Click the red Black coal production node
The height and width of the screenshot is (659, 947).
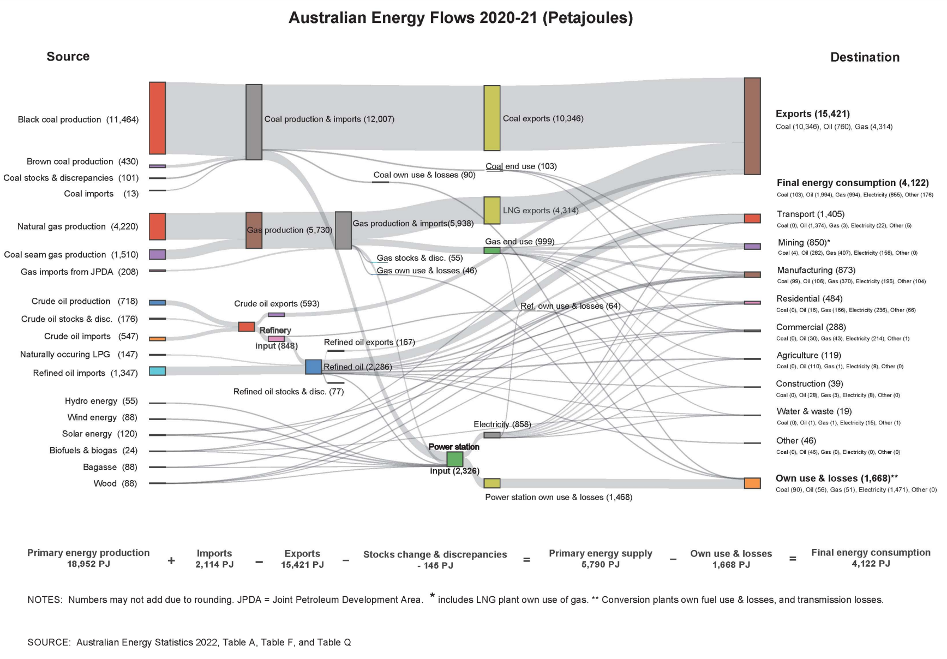tap(157, 118)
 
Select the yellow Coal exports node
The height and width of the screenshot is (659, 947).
tap(492, 118)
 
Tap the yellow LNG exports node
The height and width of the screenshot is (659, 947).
tap(492, 211)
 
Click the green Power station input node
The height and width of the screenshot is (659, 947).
tap(454, 459)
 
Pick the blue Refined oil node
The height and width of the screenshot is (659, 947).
tap(313, 367)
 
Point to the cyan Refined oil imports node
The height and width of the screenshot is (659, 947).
tap(157, 371)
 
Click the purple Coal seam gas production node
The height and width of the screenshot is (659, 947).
tap(157, 254)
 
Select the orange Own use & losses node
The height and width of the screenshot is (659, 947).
tap(752, 483)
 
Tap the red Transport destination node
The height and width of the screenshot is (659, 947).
tap(752, 219)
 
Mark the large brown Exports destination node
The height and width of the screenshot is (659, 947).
tap(752, 126)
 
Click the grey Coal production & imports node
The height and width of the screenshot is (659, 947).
tap(254, 122)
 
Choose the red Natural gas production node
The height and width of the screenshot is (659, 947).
tap(157, 226)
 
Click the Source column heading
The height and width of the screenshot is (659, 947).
tap(68, 57)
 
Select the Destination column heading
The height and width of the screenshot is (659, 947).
tap(865, 57)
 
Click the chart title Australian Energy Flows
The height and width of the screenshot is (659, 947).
tap(460, 18)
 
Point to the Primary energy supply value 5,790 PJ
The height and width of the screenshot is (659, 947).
tap(600, 565)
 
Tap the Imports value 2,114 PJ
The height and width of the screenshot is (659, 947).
tap(214, 565)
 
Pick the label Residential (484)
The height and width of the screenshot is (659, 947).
tap(810, 299)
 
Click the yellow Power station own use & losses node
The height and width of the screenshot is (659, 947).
tap(492, 483)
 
